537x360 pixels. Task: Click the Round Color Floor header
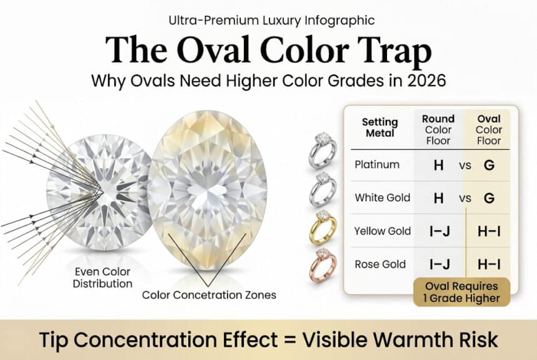[438, 129]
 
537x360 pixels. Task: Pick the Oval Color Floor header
[489, 129]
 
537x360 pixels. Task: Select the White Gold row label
[383, 198]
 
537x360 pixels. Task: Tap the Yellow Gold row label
[383, 231]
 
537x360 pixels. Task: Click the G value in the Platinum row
[489, 166]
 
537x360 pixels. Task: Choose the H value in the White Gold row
[438, 198]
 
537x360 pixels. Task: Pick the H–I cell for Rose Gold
[489, 264]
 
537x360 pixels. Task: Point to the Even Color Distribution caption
[104, 278]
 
